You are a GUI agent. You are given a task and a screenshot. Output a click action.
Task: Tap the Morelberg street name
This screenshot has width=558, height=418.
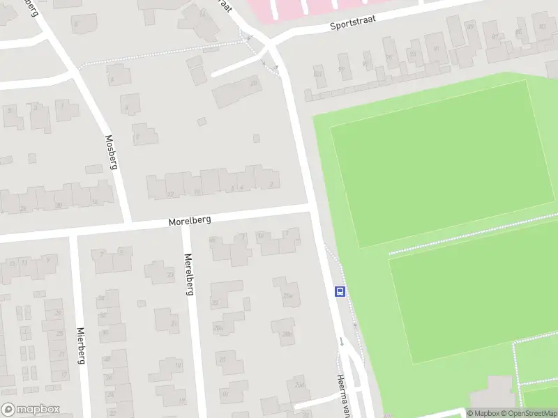pyautogui.click(x=189, y=220)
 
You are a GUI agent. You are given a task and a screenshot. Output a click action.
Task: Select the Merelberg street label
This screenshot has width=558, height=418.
pyautogui.click(x=188, y=273)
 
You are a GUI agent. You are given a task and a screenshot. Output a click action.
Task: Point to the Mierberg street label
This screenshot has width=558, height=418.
pyautogui.click(x=81, y=346)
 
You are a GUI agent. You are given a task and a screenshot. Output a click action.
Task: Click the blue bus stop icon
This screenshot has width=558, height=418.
pyautogui.click(x=340, y=292)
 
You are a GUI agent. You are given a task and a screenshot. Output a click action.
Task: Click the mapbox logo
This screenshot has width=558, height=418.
pyautogui.click(x=31, y=410)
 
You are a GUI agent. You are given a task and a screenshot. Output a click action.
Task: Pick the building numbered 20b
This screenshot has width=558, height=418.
pyautogui.click(x=286, y=333)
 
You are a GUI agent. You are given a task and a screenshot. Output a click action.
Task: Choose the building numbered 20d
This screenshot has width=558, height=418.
pyautogui.click(x=301, y=385)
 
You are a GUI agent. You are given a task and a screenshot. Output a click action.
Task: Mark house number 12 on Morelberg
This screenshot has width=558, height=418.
pyautogui.click(x=170, y=193)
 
